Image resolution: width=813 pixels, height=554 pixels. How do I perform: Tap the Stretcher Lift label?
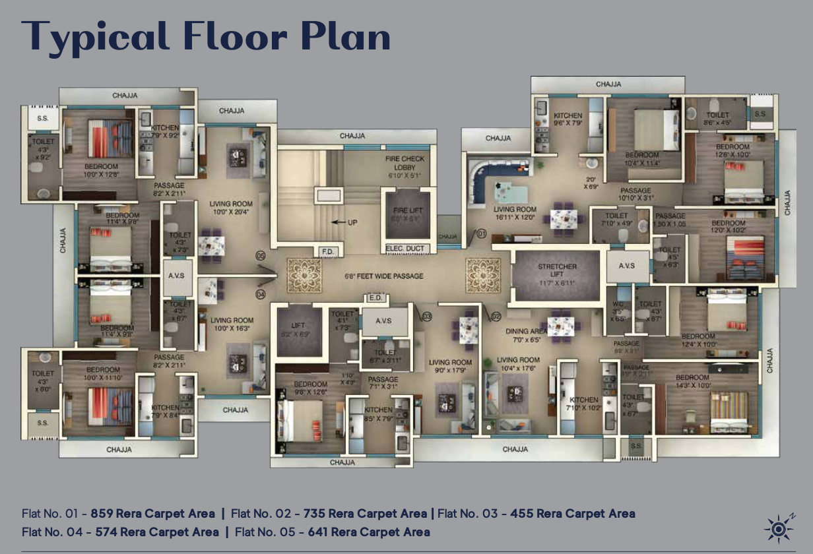(x=557, y=270)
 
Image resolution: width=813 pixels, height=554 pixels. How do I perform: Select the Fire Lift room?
(x=406, y=214)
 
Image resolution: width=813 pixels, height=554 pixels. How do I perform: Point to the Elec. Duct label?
(x=406, y=249)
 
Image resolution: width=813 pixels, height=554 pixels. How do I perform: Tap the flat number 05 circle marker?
(x=260, y=255)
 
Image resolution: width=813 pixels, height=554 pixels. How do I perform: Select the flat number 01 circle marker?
(x=481, y=233)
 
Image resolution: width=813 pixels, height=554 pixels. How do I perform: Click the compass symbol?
(x=778, y=528)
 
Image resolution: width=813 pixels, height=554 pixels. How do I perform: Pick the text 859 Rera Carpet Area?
(x=152, y=513)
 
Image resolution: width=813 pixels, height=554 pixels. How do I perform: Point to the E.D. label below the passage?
(x=375, y=298)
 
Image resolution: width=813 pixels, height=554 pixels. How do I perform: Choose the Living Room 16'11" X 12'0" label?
(x=515, y=213)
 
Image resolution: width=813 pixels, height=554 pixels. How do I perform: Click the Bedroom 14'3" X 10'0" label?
(x=692, y=381)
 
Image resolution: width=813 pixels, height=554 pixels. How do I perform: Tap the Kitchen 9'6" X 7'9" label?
(x=568, y=119)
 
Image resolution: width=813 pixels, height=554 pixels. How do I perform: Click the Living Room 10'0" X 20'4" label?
(x=232, y=208)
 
